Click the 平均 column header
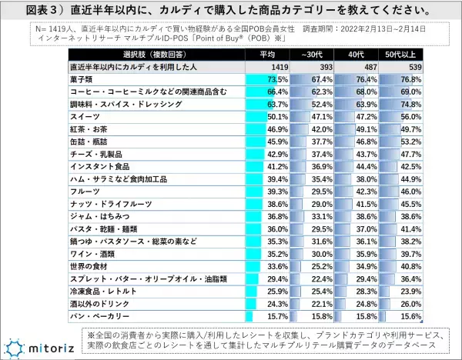tap(266, 56)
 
